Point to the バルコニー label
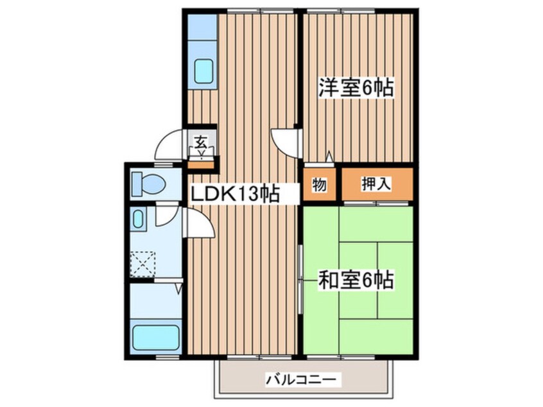[300, 379]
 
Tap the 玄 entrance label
[200, 143]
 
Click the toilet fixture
[148, 184]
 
